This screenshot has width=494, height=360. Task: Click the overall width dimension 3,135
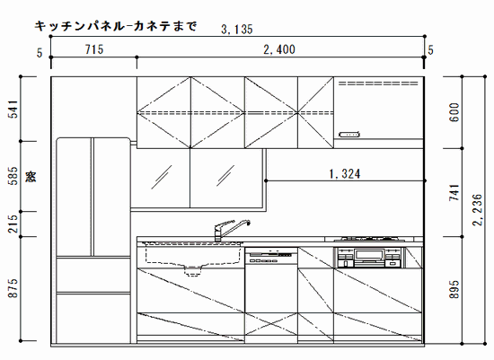pos(237,30)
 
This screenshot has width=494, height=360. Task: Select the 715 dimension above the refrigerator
pos(94,49)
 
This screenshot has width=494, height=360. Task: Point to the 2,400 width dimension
pos(279,49)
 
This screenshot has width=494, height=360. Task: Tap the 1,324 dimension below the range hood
pos(345,173)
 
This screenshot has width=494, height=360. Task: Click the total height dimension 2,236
pos(477,209)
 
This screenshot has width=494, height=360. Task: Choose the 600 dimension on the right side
pos(454,112)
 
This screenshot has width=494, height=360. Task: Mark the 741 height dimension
pos(454,192)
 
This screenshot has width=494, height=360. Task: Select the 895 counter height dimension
pos(454,289)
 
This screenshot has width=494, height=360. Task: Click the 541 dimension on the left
pos(13,109)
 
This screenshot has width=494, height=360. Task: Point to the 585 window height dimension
pos(13,176)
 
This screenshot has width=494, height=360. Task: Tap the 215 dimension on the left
pos(13,224)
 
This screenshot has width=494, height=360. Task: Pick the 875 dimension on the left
pos(13,288)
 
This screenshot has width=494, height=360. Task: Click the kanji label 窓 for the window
pos(31,176)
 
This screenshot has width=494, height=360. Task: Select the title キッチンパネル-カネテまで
pos(116,26)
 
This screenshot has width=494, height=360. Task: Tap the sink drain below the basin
pos(192,270)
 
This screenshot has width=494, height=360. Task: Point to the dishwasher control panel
pos(271,256)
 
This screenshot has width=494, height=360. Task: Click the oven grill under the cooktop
pos(370,258)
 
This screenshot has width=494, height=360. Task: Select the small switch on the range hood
pos(349,135)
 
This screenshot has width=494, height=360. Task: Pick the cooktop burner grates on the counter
pos(369,239)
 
